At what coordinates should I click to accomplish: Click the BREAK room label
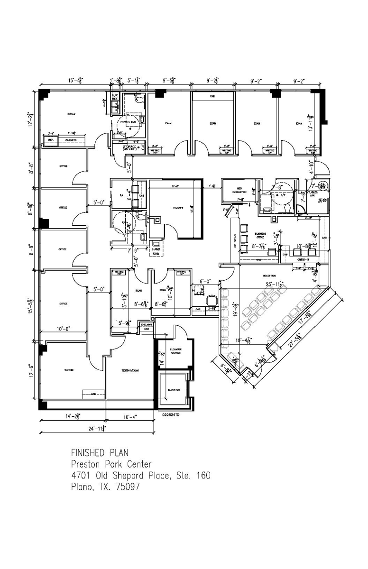coord(72,114)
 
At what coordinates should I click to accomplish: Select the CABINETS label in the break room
coord(72,140)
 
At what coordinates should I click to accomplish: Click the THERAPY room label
coord(177,208)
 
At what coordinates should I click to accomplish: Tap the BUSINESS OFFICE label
coord(260,235)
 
